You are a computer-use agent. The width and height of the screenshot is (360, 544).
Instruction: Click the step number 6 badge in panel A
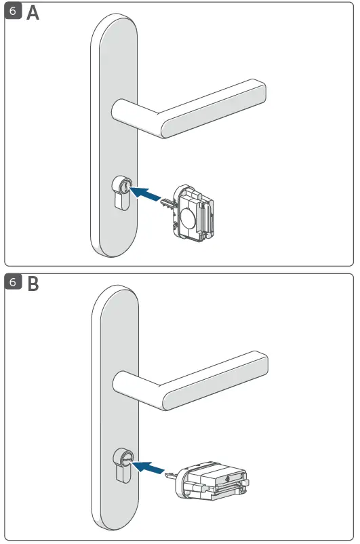click(x=13, y=13)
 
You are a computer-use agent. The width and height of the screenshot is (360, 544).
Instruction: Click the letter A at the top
click(x=33, y=14)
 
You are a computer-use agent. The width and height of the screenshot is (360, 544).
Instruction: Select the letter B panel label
click(x=32, y=284)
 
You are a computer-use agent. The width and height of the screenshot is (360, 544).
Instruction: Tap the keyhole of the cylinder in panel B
click(x=124, y=459)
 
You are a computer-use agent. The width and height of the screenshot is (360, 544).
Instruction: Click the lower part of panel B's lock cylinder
click(x=121, y=477)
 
